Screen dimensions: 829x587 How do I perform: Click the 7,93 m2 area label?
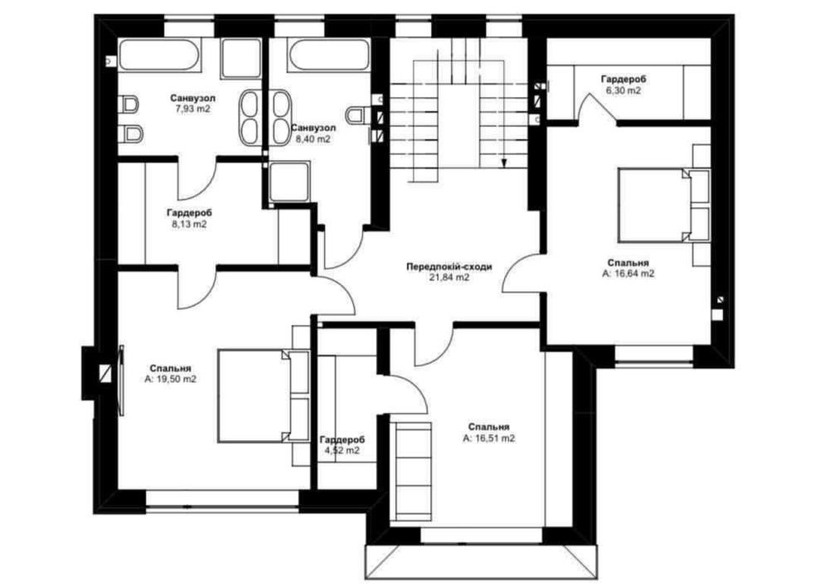[x=193, y=109]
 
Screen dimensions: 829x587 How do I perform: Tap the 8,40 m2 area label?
[x=313, y=139]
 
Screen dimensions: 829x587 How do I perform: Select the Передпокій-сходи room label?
[x=449, y=266]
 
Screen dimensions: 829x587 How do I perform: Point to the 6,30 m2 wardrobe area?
[x=623, y=90]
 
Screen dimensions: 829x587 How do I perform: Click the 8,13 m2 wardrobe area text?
[x=189, y=224]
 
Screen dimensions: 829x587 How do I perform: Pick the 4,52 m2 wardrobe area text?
[x=342, y=450]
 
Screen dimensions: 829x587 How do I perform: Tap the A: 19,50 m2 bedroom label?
[x=170, y=379]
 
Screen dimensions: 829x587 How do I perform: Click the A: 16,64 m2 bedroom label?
[x=628, y=274]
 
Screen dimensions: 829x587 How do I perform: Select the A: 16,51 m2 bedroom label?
[x=489, y=439]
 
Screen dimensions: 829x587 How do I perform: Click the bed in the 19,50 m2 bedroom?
[x=263, y=395]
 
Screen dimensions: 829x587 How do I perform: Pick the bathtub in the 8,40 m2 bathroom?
[x=329, y=55]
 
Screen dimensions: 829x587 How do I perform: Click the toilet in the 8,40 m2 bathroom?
[x=356, y=114]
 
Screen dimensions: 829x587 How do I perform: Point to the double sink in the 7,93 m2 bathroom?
[x=249, y=117]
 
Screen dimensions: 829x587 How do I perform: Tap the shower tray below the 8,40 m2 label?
[x=288, y=182]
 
